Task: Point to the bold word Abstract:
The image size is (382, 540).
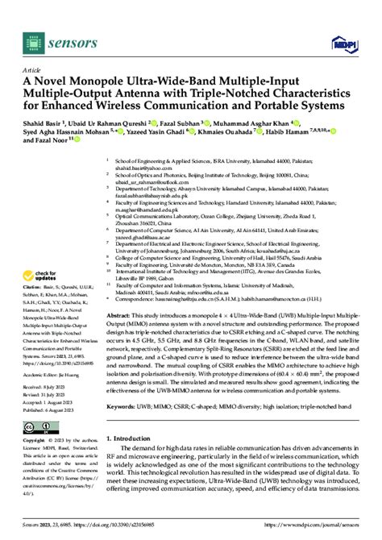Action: (x=121, y=293)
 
